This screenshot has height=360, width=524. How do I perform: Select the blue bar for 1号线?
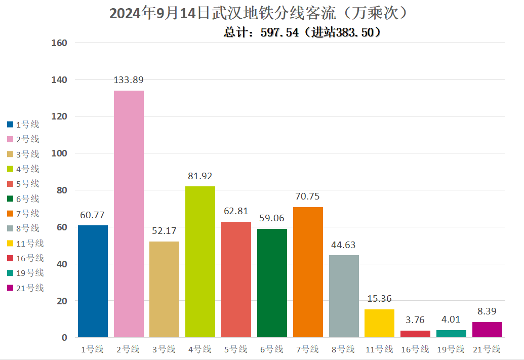93,281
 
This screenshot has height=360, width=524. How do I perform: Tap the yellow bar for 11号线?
379,323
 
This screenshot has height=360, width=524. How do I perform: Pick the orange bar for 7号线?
308,272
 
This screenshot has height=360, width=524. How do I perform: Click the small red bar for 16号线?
415,334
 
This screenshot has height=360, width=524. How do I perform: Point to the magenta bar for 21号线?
487,330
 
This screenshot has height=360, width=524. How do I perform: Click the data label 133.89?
129,80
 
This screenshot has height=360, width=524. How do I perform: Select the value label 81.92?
200,176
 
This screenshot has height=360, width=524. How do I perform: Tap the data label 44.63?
343,245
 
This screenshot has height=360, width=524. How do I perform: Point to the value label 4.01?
451,320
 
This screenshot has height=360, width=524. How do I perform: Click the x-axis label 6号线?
272,349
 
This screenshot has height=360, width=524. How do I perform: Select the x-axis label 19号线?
451,349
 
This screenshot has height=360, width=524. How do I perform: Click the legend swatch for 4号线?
10,169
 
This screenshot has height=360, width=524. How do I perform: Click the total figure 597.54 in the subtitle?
279,32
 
